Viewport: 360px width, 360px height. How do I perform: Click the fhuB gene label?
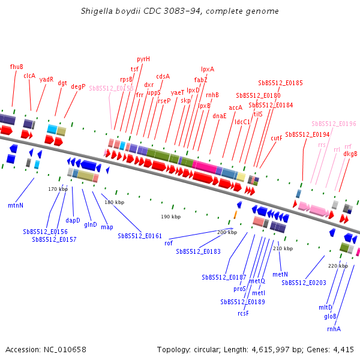tap(17, 67)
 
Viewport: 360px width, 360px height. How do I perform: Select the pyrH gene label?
tap(143, 59)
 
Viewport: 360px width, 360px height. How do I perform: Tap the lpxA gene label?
tap(208, 69)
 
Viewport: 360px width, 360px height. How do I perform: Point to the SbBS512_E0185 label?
tap(280, 83)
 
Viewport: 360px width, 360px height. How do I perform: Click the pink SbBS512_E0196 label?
tap(334, 124)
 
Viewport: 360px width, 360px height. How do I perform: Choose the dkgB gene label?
tap(350, 154)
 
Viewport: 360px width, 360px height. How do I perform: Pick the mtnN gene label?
tap(16, 205)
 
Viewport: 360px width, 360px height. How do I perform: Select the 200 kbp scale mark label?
tap(227, 232)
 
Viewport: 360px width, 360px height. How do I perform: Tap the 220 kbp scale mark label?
tap(338, 265)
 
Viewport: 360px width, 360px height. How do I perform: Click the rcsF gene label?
tap(243, 313)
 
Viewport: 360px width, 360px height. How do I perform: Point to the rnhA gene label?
tap(334, 329)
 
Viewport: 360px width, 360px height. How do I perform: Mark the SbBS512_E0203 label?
tap(304, 283)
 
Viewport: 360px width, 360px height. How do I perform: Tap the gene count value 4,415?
tap(342, 349)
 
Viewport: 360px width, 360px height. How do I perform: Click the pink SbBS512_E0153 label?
tap(111, 88)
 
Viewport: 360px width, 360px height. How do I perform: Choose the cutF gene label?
tap(277, 138)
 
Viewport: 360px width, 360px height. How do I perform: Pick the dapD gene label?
tap(73, 220)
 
